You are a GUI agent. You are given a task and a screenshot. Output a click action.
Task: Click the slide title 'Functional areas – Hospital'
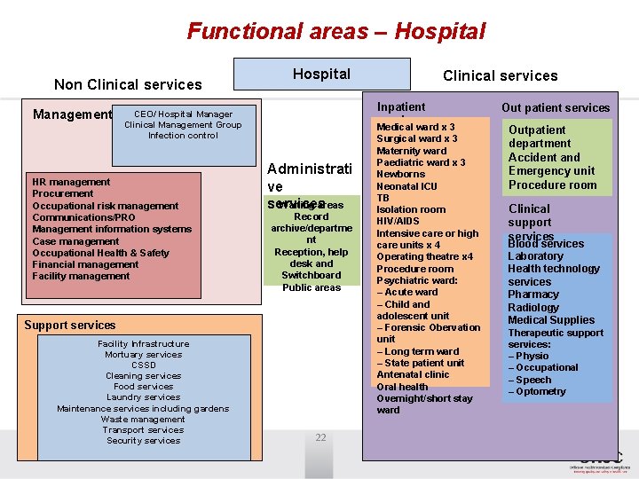pyautogui.click(x=336, y=32)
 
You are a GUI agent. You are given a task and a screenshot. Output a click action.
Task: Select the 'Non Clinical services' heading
pyautogui.click(x=128, y=85)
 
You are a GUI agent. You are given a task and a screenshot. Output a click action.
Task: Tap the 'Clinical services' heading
pyautogui.click(x=500, y=76)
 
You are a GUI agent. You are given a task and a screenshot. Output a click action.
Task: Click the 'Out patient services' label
pyautogui.click(x=556, y=108)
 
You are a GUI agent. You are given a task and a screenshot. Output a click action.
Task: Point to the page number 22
pyautogui.click(x=320, y=437)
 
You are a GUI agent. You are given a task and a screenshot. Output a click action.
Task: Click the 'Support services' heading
pyautogui.click(x=70, y=326)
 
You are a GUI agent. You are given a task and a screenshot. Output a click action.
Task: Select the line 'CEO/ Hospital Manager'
pyautogui.click(x=183, y=114)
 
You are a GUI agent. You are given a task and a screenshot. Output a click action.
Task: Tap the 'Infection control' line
pyautogui.click(x=183, y=136)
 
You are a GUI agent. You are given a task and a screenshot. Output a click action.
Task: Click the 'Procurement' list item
pyautogui.click(x=62, y=193)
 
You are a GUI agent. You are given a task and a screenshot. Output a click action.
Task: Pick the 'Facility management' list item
pyautogui.click(x=81, y=276)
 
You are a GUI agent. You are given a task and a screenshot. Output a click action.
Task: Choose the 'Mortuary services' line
pyautogui.click(x=143, y=355)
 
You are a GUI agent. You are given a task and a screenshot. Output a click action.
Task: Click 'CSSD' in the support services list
pyautogui.click(x=143, y=365)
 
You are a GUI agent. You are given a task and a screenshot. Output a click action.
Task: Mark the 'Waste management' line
pyautogui.click(x=143, y=420)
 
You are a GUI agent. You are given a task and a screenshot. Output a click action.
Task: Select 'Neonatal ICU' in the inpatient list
pyautogui.click(x=406, y=186)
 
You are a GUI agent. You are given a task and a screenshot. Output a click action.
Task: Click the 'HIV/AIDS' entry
pyautogui.click(x=398, y=222)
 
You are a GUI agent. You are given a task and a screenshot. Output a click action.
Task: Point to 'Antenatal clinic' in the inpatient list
pyautogui.click(x=413, y=374)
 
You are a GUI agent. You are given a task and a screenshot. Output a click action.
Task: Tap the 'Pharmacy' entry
pyautogui.click(x=533, y=294)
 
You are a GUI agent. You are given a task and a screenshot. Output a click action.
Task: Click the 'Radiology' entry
pyautogui.click(x=533, y=308)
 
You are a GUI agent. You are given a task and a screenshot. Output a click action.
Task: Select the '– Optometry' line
pyautogui.click(x=537, y=391)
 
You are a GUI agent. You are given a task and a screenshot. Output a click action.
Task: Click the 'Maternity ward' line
pyautogui.click(x=410, y=151)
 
